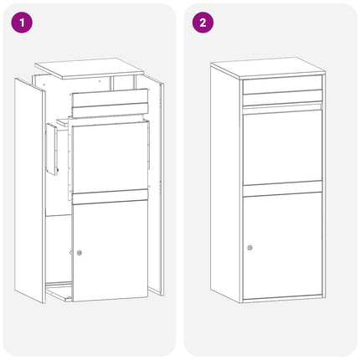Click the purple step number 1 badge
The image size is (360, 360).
tap(22, 23)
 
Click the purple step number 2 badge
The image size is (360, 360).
tap(203, 23)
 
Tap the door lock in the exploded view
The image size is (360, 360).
tap(80, 253)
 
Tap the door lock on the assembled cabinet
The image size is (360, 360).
tap(249, 248)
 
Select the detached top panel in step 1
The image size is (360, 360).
tap(90, 68)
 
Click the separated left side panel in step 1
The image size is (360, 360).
tap(30, 190)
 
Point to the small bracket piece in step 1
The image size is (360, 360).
tap(53, 149)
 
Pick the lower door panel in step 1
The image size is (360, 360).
tap(110, 250)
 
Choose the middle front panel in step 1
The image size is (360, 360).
tap(110, 157)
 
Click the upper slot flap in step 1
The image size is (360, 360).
tap(110, 98)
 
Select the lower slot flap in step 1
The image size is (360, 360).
tap(110, 111)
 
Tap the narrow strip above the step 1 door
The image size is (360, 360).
tap(110, 197)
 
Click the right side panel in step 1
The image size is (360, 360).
tap(157, 186)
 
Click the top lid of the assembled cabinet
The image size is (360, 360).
tap(268, 68)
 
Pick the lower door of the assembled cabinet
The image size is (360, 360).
tap(282, 245)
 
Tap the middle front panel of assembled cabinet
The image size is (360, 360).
tap(282, 147)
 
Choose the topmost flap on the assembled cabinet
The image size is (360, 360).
tap(282, 86)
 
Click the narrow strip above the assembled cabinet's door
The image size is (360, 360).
tap(282, 188)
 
